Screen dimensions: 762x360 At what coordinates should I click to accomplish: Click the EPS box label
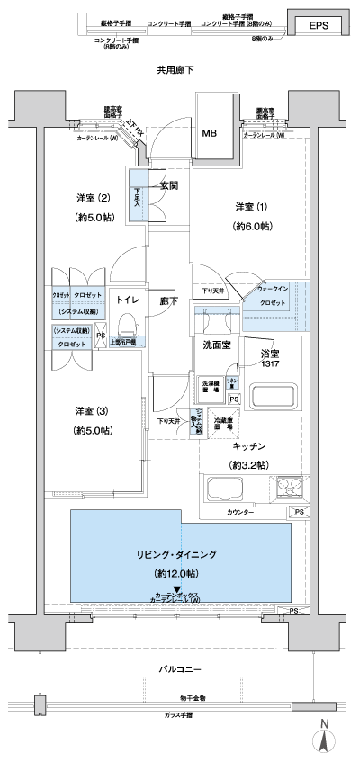319,25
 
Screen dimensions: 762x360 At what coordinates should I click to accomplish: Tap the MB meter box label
209,134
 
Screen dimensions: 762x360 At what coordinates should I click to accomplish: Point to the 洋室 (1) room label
251,205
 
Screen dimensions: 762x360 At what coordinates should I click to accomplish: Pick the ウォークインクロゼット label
275,296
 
